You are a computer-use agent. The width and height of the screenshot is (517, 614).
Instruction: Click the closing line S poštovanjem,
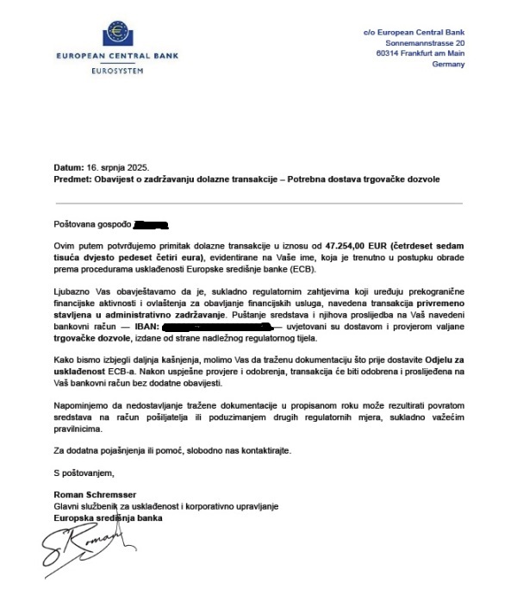click(x=84, y=473)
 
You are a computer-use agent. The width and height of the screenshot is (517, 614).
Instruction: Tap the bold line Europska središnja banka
click(x=107, y=517)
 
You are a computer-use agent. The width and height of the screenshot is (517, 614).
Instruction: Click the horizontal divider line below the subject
click(x=258, y=203)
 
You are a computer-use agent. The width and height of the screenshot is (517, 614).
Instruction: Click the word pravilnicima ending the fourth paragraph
click(x=77, y=429)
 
